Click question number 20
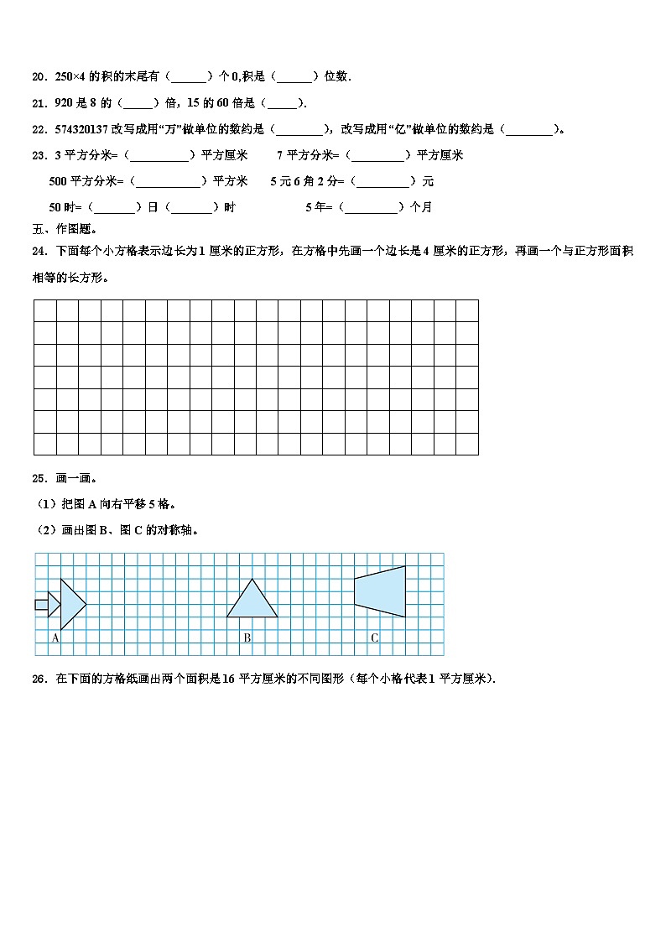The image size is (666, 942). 39,77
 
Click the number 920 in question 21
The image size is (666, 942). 63,103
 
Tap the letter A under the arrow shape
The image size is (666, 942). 55,638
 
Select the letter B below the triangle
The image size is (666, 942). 247,638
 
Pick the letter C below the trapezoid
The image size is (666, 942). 374,638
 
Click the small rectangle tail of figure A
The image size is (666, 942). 41,604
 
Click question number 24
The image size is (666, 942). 39,251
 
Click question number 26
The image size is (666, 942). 39,679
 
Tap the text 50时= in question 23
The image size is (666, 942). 66,207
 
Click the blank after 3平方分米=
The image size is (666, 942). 159,155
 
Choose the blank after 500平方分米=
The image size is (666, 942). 168,181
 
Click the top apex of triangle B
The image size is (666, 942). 252,579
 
